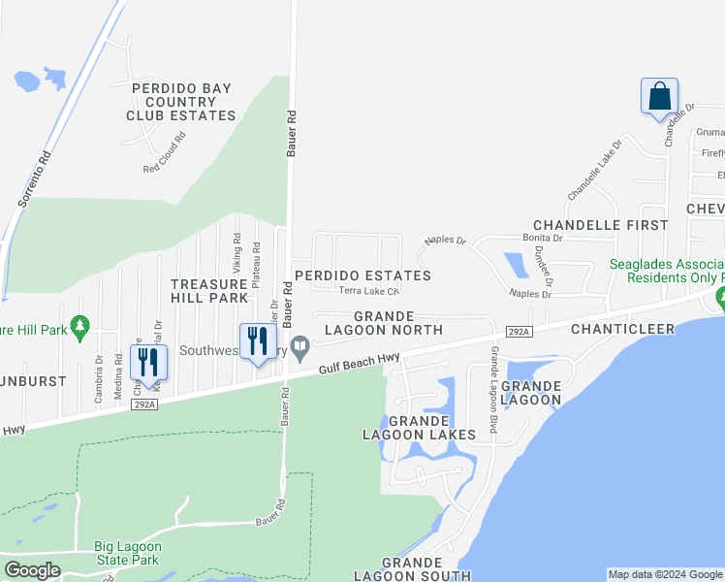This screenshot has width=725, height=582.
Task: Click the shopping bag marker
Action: (x=659, y=97)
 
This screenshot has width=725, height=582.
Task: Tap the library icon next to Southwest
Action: (x=301, y=345)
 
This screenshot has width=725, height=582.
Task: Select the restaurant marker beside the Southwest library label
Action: (x=258, y=341)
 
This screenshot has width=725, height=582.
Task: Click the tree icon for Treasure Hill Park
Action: (x=81, y=328)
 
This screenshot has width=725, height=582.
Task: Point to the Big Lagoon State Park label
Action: (x=126, y=553)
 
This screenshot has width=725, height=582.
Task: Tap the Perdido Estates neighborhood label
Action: (x=362, y=275)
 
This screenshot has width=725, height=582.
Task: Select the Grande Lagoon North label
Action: (x=384, y=323)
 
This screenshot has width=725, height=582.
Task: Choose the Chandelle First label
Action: (x=601, y=224)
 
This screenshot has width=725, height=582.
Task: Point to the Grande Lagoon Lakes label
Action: (x=419, y=428)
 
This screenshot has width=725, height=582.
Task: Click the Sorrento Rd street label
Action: (x=32, y=181)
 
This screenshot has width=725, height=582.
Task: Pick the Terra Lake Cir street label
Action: (x=368, y=291)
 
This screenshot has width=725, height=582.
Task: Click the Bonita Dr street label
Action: (x=543, y=238)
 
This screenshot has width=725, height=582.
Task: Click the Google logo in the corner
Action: (x=33, y=570)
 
